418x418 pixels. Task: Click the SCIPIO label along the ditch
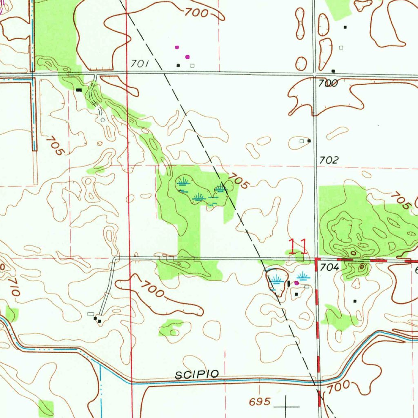click(197, 374)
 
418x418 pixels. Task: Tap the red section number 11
click(298, 247)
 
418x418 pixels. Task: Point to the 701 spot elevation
click(139, 64)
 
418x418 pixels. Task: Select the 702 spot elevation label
click(329, 160)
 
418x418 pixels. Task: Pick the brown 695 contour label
click(260, 402)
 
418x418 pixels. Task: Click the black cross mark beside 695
click(286, 406)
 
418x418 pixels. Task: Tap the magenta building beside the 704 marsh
click(296, 282)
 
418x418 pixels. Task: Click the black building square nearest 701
click(178, 65)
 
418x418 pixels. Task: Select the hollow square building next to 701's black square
click(192, 65)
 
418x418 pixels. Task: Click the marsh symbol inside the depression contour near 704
click(277, 280)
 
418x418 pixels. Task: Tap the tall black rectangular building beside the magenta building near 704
click(289, 283)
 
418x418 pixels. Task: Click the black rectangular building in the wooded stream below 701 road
click(78, 89)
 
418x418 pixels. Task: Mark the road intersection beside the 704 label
click(317, 259)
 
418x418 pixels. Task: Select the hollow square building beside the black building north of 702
click(302, 141)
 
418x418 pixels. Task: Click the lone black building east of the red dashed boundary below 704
click(355, 301)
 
